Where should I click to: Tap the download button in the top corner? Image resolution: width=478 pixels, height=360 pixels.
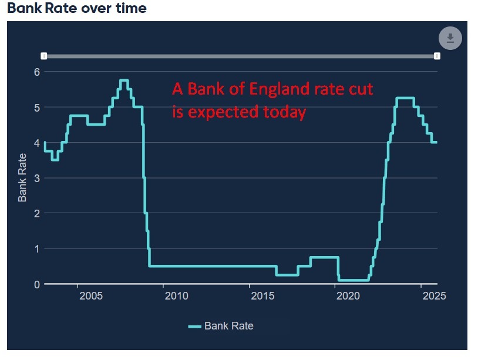click(450, 38)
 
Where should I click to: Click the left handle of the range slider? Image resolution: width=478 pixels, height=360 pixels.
click(44, 56)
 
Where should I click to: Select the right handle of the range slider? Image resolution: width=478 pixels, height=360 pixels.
click(437, 56)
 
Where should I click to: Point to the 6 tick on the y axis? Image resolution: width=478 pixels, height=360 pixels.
click(36, 72)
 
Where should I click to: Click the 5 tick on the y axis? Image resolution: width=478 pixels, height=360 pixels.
click(36, 107)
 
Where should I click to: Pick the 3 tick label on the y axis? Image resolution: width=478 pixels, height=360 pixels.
click(36, 178)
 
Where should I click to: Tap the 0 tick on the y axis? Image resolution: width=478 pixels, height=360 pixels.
click(36, 284)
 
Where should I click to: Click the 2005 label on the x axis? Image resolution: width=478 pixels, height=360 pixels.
click(91, 296)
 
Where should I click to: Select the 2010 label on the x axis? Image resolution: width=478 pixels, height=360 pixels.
click(176, 296)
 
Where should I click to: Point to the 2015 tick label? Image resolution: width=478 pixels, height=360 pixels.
click(262, 296)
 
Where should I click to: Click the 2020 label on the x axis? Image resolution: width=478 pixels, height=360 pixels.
click(348, 296)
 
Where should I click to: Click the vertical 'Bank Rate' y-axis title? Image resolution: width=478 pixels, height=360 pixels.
click(22, 177)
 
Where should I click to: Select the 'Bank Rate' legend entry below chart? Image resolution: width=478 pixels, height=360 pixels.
click(221, 326)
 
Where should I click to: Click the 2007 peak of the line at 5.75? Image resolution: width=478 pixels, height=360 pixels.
click(124, 80)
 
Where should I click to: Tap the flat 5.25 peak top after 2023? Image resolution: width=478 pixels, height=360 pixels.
click(406, 98)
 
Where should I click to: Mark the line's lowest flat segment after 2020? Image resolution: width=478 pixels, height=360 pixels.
click(354, 280)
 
